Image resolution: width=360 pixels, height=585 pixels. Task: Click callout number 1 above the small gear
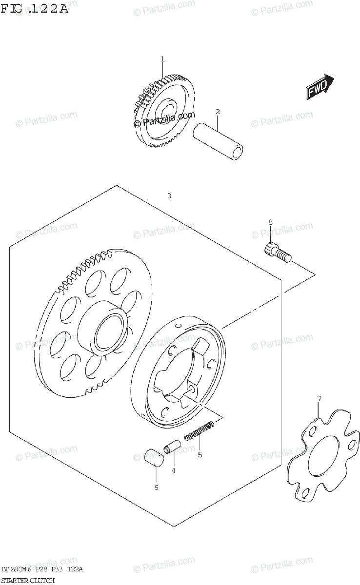pyautogui.click(x=162, y=59)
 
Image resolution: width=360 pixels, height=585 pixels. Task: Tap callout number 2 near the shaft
pyautogui.click(x=218, y=112)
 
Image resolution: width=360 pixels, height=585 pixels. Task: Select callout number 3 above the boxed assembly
pyautogui.click(x=169, y=195)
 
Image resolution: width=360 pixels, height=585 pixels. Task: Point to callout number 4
pyautogui.click(x=173, y=470)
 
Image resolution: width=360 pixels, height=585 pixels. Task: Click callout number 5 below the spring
pyautogui.click(x=199, y=455)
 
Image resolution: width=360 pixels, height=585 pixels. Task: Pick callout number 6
pyautogui.click(x=156, y=487)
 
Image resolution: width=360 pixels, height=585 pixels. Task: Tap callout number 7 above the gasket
pyautogui.click(x=319, y=399)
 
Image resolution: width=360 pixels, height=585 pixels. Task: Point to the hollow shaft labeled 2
pyautogui.click(x=218, y=141)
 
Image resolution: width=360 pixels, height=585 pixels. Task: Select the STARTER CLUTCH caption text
pyautogui.click(x=27, y=580)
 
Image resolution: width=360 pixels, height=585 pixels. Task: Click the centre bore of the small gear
pyautogui.click(x=169, y=112)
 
